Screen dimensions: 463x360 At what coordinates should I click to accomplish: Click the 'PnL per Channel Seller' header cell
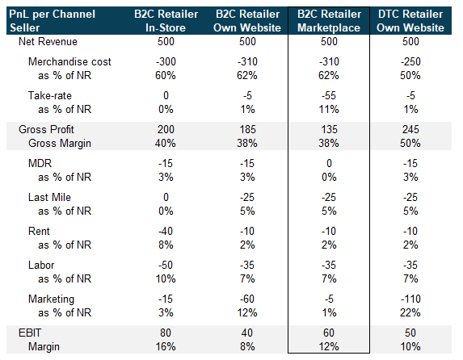pyautogui.click(x=53, y=21)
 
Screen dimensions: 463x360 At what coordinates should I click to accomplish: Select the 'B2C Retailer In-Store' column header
pyautogui.click(x=166, y=21)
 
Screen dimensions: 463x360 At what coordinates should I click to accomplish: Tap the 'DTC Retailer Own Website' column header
pyautogui.click(x=410, y=21)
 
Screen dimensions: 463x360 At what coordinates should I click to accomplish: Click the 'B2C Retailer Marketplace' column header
pyautogui.click(x=329, y=21)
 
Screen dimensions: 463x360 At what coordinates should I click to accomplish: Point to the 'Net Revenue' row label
pyautogui.click(x=48, y=42)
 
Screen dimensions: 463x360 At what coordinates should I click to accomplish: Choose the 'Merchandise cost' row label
pyautogui.click(x=69, y=61)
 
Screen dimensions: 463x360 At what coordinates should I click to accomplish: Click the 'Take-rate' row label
pyautogui.click(x=50, y=95)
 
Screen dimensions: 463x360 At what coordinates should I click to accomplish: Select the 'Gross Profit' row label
pyautogui.click(x=46, y=129)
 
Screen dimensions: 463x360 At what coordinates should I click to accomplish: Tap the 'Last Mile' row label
pyautogui.click(x=49, y=197)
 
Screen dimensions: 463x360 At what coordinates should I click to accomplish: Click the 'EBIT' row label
pyautogui.click(x=30, y=333)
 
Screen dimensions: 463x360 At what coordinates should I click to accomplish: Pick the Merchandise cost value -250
pyautogui.click(x=410, y=61)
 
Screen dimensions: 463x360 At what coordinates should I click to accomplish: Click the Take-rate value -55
pyautogui.click(x=329, y=95)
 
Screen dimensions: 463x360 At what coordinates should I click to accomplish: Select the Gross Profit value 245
pyautogui.click(x=410, y=129)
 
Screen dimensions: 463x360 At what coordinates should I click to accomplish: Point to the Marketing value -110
pyautogui.click(x=410, y=299)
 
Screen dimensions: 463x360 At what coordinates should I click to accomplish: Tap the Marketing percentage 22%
pyautogui.click(x=410, y=312)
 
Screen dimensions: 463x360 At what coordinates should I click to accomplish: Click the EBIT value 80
pyautogui.click(x=166, y=333)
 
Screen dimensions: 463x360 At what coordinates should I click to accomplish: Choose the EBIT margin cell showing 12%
pyautogui.click(x=329, y=346)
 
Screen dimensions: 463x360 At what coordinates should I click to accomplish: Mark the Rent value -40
pyautogui.click(x=166, y=231)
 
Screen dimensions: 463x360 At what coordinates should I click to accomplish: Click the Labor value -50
pyautogui.click(x=166, y=265)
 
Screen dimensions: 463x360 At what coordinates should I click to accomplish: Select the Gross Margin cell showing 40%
pyautogui.click(x=166, y=143)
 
